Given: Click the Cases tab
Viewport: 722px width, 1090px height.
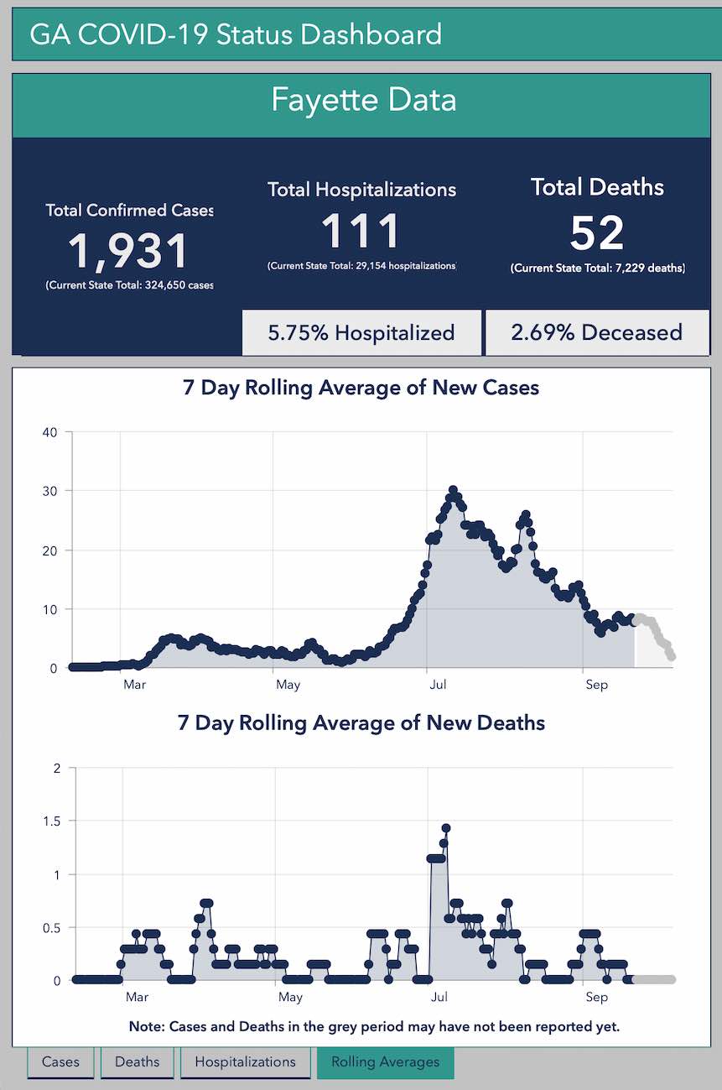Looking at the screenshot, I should (x=60, y=1061).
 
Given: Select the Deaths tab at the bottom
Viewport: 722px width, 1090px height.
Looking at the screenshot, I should (x=137, y=1061).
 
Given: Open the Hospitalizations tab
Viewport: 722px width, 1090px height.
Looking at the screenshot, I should (x=245, y=1061).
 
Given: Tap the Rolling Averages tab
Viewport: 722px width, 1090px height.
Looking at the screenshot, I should (x=385, y=1061).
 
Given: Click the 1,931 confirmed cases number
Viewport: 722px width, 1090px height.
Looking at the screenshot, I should (x=129, y=250).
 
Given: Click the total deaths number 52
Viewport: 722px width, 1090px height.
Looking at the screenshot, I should (x=597, y=232).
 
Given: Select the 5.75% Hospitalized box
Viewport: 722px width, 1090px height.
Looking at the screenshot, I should (x=361, y=332).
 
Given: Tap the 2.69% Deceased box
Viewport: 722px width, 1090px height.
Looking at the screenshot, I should (x=597, y=332).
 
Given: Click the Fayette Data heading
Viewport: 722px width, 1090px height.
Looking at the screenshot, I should (x=362, y=100).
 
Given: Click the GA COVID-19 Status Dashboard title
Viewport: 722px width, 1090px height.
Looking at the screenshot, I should (x=236, y=34).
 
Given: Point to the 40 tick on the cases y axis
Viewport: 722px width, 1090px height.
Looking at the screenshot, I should (x=49, y=432).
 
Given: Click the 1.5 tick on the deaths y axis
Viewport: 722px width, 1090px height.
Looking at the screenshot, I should (x=53, y=821).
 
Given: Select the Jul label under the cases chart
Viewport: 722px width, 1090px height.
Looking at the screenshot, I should (x=436, y=685).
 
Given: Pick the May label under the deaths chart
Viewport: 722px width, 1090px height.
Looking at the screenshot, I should (x=290, y=997).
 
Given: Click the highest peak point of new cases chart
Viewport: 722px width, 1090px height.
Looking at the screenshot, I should (x=453, y=489).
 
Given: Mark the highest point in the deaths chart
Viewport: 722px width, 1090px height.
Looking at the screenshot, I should (x=446, y=828).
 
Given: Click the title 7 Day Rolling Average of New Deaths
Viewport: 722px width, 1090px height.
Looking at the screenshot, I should (x=361, y=722).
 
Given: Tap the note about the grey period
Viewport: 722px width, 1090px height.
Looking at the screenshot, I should (x=374, y=1027).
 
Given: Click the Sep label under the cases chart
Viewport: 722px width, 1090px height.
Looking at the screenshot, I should (x=596, y=685).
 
